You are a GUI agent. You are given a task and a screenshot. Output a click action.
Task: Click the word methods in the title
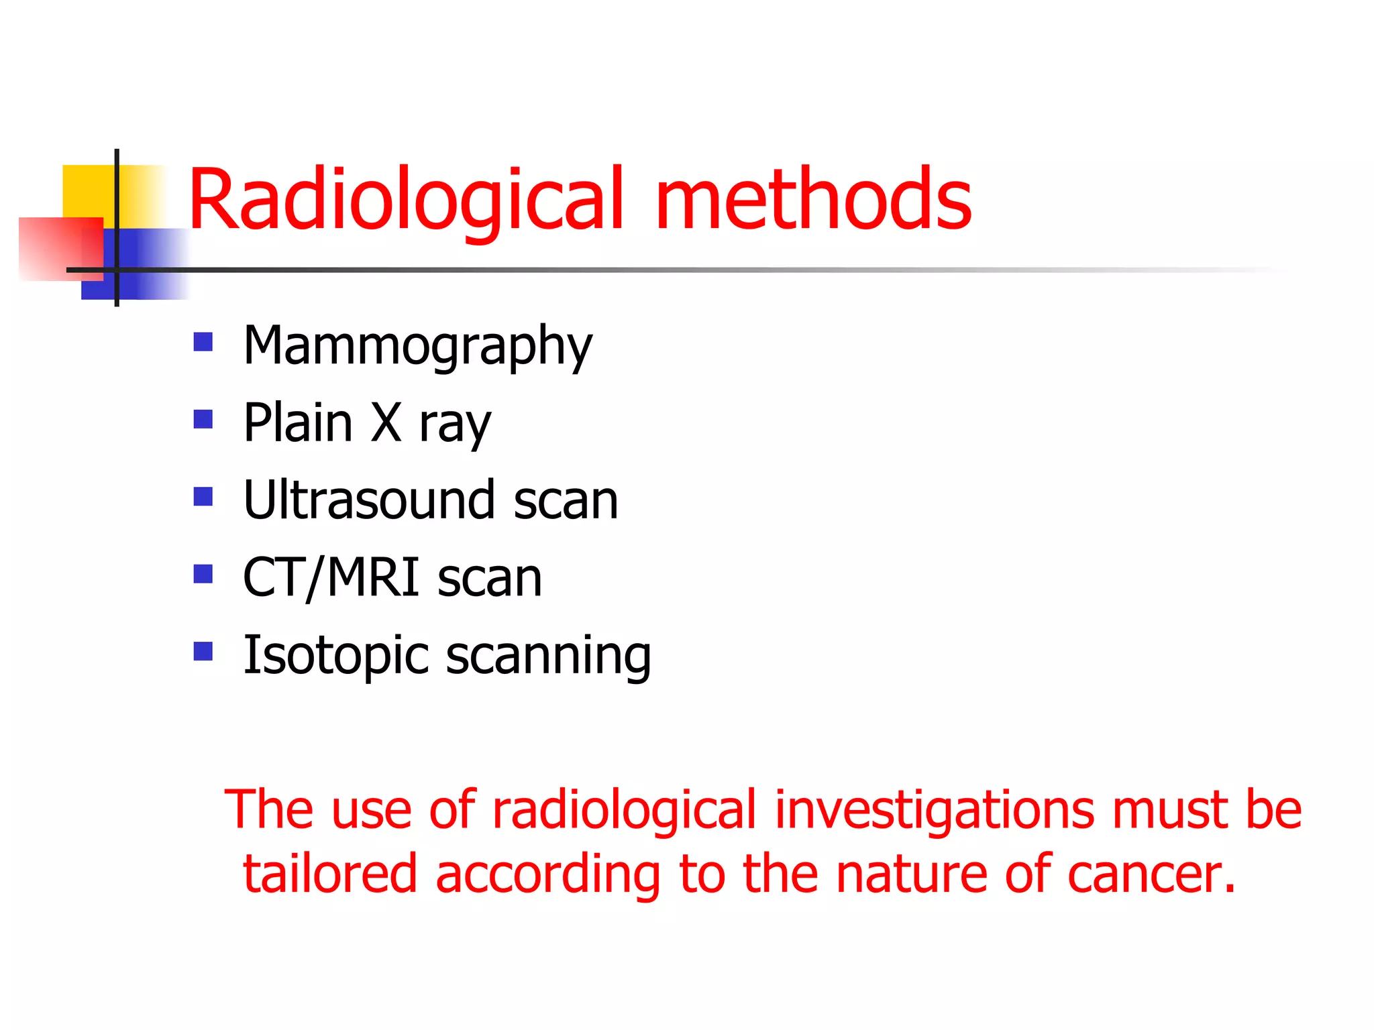813,200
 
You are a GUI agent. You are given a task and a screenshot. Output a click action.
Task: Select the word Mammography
417,347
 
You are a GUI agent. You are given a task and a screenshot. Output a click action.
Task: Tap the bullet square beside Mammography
203,342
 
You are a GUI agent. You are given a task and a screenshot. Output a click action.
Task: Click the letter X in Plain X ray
386,422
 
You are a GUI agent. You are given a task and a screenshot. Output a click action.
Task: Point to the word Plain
298,422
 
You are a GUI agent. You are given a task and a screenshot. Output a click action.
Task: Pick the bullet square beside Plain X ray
203,420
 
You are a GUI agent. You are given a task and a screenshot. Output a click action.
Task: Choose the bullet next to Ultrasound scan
203,497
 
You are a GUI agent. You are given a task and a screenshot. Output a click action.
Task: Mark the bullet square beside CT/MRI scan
203,574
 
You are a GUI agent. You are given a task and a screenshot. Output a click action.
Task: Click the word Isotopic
335,656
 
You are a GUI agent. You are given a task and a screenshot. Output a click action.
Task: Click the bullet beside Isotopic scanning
203,651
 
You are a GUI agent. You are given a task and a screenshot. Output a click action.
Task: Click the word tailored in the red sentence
330,874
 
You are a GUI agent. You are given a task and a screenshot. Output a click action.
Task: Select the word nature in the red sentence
911,874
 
